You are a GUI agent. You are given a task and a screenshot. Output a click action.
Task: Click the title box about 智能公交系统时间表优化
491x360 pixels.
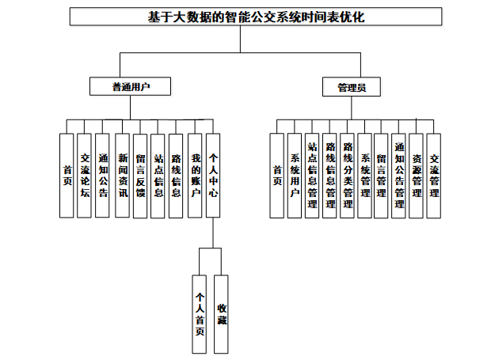(256, 17)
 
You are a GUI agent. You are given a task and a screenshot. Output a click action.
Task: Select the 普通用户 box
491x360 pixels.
(130, 86)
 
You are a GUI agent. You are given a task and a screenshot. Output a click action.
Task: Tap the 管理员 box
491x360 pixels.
(352, 87)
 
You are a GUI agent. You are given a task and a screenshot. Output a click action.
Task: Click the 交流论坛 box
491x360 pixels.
(84, 176)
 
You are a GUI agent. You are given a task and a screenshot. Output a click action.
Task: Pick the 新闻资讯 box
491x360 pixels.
(122, 176)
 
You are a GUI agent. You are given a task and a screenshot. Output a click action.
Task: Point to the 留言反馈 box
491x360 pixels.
(140, 176)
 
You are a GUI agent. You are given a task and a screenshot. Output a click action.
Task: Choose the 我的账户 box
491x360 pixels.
(195, 176)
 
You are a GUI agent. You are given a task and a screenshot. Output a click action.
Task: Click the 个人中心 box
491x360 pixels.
(213, 176)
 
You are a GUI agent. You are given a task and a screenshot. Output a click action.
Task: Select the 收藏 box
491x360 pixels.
(221, 314)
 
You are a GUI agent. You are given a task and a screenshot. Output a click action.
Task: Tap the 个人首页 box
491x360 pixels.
(199, 314)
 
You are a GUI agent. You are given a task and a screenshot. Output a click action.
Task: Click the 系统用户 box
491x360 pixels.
(295, 176)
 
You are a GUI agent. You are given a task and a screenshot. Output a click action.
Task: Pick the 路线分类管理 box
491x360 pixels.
(347, 176)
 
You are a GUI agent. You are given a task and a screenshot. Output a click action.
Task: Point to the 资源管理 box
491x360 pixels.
(416, 176)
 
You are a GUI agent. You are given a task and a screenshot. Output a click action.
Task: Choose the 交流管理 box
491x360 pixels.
(434, 176)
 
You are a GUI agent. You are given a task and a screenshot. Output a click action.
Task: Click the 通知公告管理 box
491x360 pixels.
(398, 176)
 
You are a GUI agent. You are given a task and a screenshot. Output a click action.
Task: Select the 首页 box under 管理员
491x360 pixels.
(277, 176)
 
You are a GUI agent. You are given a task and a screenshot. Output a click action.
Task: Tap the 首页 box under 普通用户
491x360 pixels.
(67, 176)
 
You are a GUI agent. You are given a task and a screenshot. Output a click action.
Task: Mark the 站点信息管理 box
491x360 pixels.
(312, 176)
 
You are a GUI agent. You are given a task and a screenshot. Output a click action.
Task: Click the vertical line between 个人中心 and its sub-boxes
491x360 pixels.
(213, 233)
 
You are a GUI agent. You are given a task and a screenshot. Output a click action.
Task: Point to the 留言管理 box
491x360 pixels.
(381, 176)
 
